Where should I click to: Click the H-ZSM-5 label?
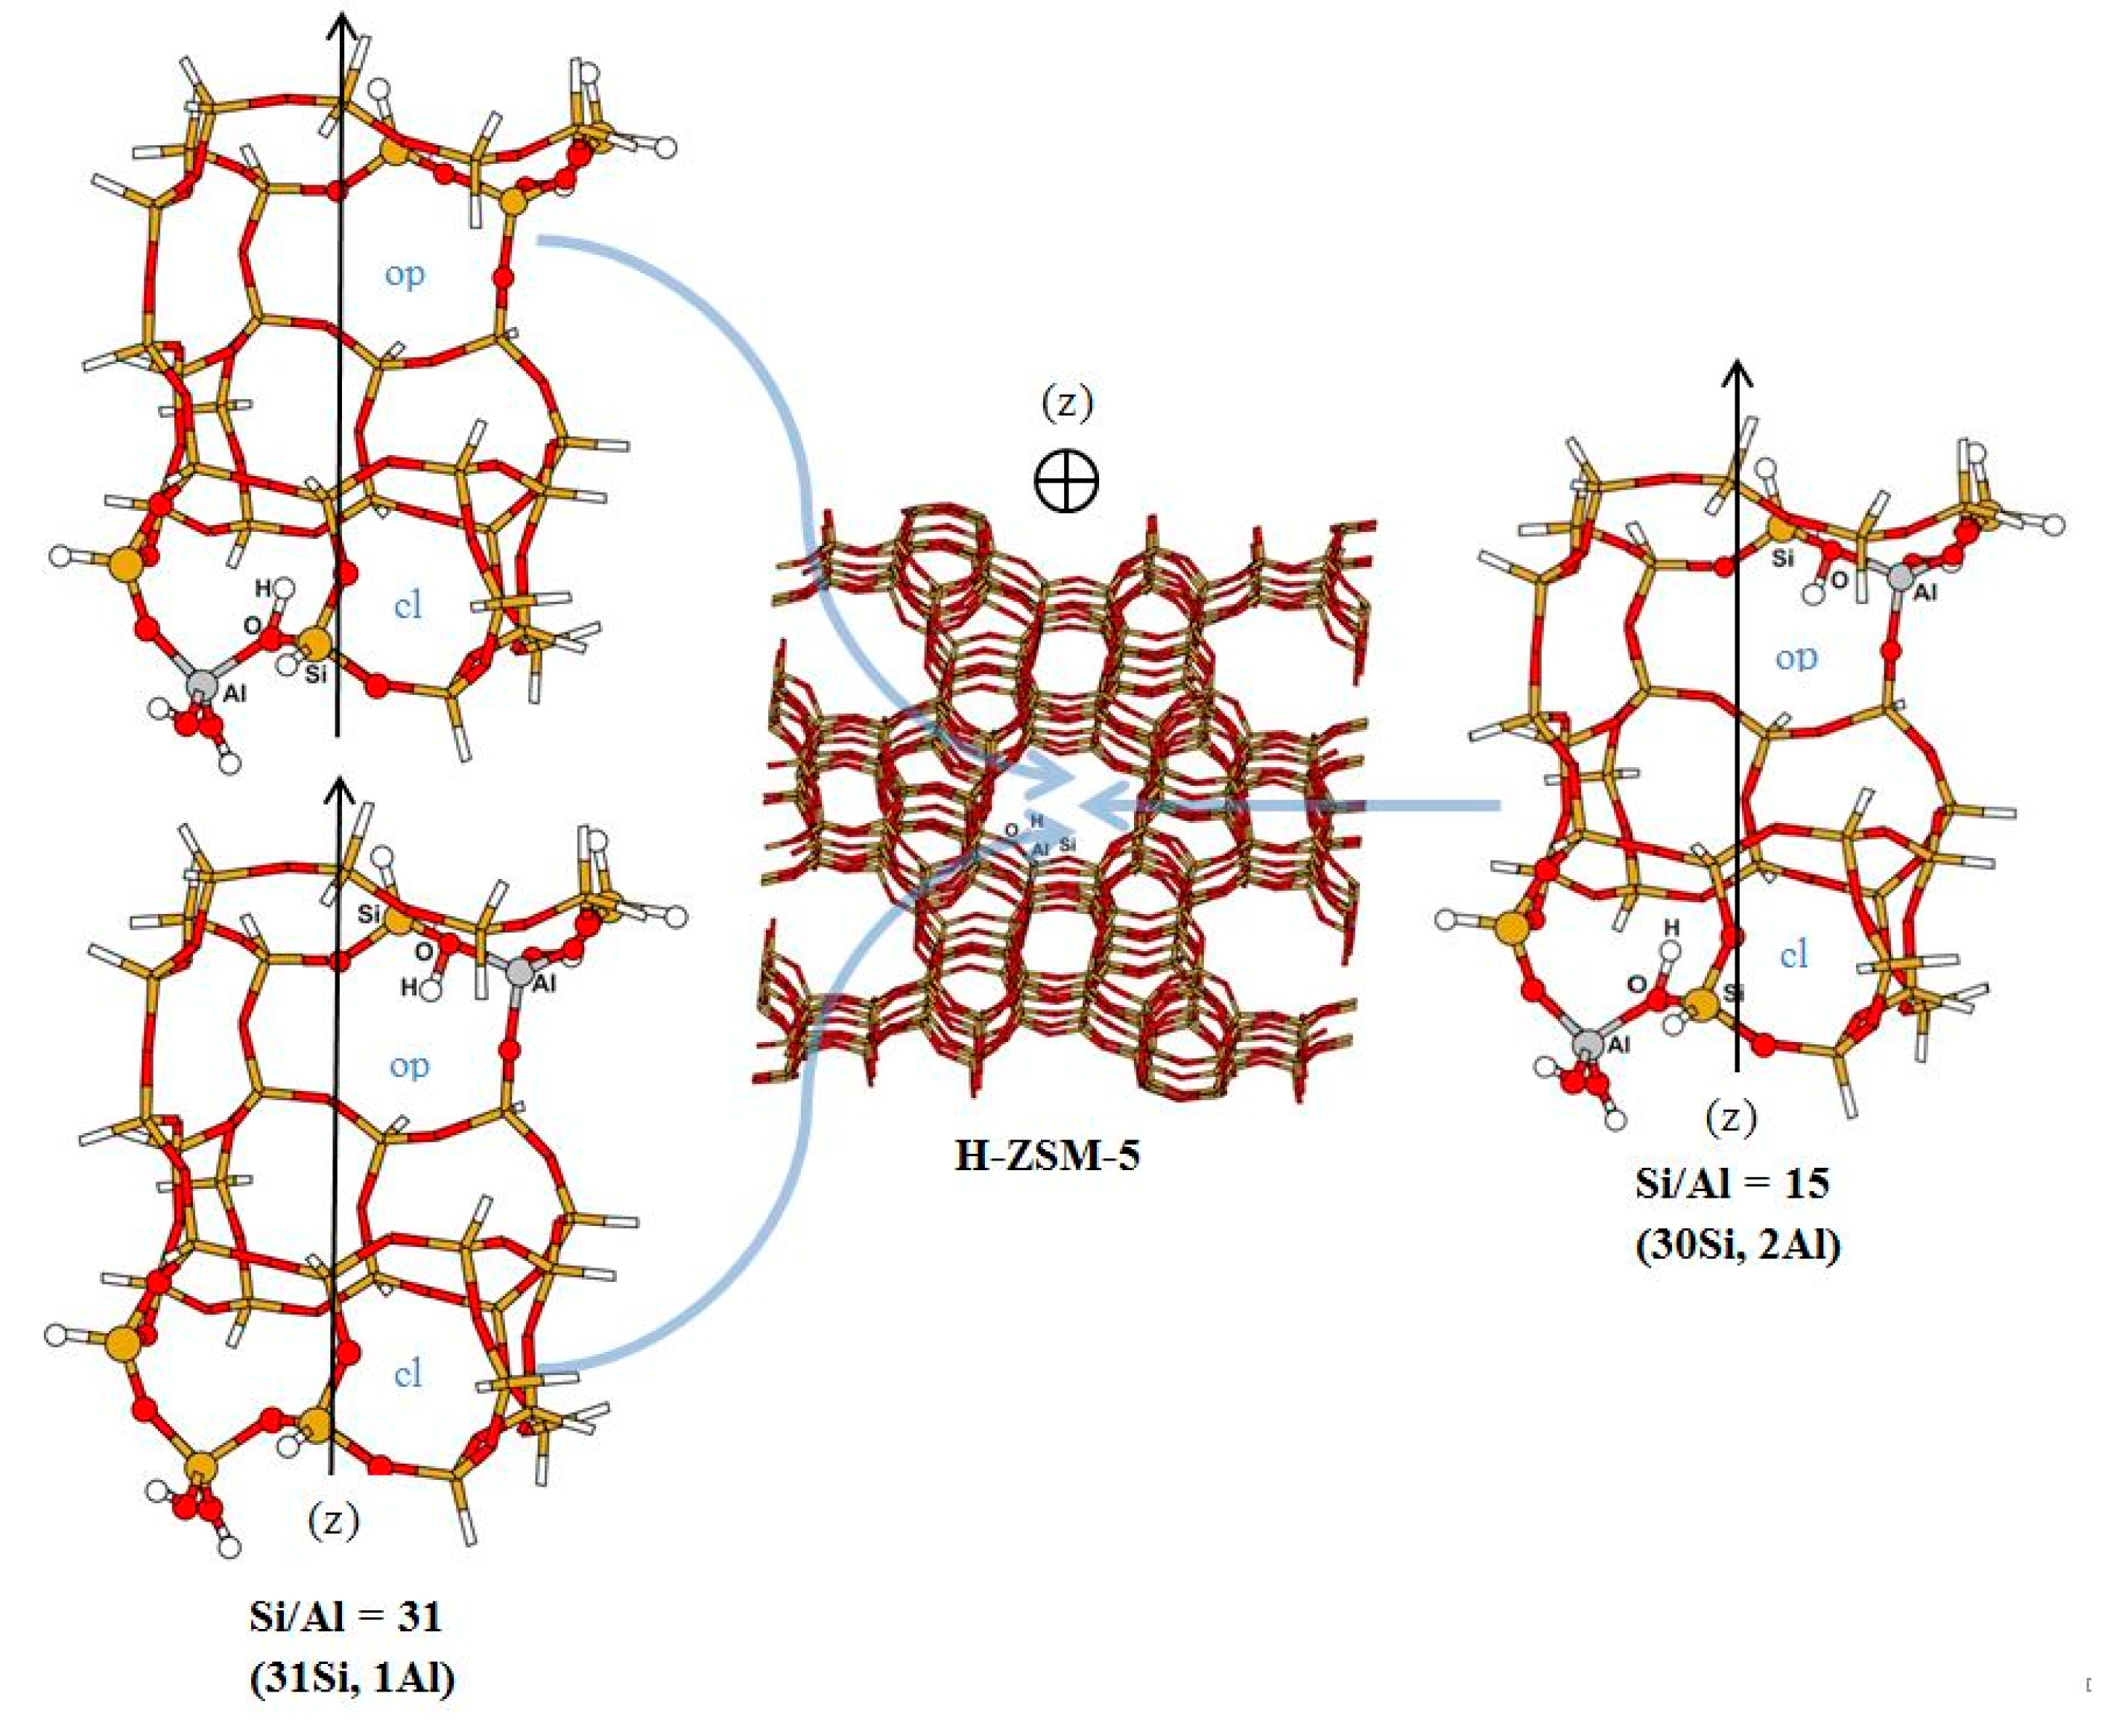1047,1156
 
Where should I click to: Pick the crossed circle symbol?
1066,480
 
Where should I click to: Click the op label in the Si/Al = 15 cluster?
1796,656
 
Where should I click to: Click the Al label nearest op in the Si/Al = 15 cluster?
1925,591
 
